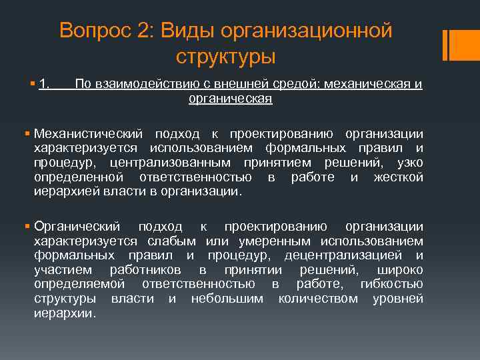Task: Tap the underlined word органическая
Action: click(230, 98)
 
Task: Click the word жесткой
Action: click(399, 177)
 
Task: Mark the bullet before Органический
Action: click(27, 226)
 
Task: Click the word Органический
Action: click(77, 226)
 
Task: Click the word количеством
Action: click(318, 298)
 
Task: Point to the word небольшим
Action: click(227, 298)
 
